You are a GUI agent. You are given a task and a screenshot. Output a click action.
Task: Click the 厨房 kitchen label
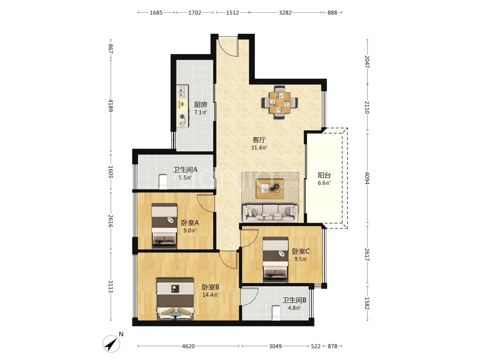200,105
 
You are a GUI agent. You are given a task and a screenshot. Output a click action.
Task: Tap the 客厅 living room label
259,140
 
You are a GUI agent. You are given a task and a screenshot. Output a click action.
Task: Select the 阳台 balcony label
324,175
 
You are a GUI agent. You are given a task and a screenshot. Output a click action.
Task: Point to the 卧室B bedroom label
210,287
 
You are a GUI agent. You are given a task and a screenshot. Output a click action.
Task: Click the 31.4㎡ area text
259,148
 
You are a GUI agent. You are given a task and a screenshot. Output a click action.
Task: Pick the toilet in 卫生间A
163,181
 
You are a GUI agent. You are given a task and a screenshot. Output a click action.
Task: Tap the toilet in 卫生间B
276,313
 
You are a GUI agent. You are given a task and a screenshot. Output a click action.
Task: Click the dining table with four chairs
280,102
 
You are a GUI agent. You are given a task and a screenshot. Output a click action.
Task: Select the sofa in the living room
271,213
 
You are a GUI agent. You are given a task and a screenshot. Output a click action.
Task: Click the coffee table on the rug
270,189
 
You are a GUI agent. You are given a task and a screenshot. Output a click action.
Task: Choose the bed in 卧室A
164,226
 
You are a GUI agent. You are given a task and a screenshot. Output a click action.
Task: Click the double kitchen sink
182,92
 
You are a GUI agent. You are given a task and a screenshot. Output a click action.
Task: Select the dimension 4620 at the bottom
188,346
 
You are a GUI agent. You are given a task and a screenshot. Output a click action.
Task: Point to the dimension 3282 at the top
285,13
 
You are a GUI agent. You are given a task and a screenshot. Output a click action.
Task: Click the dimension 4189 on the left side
111,105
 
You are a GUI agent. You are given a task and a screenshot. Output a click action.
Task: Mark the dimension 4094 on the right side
367,178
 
